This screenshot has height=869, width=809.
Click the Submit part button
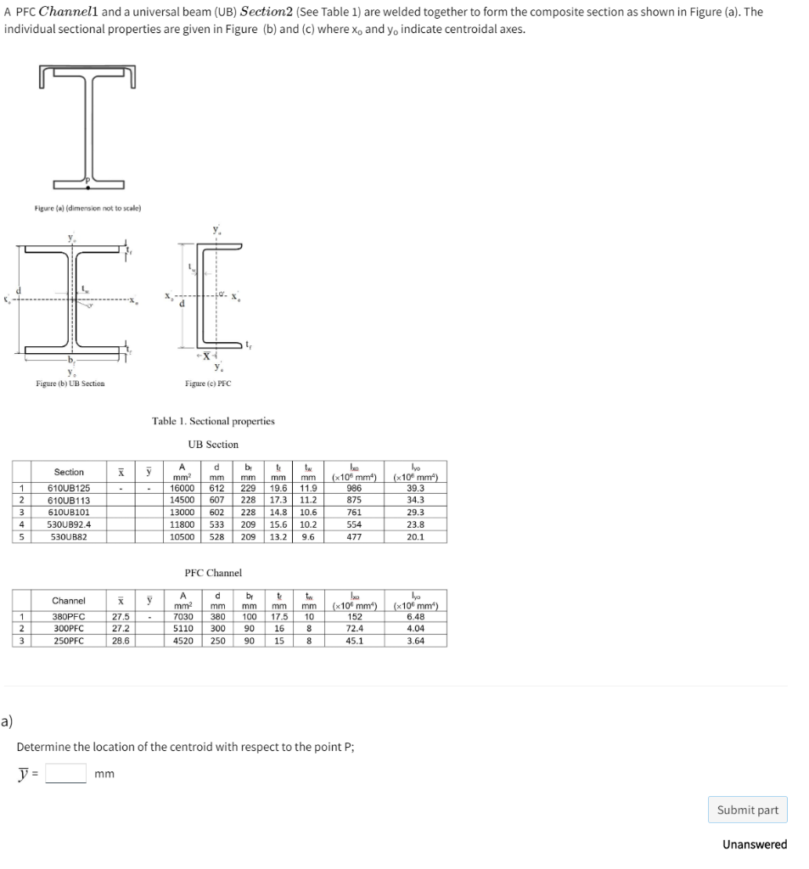click(x=747, y=810)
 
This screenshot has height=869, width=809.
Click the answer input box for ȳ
click(x=65, y=773)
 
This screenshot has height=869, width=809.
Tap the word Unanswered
click(x=754, y=844)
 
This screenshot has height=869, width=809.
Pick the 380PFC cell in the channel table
click(x=69, y=616)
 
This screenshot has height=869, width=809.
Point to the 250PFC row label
click(x=69, y=641)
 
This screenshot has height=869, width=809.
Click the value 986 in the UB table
click(x=355, y=488)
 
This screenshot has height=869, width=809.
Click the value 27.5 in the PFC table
click(x=121, y=616)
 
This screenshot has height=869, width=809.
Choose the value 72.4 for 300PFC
click(x=355, y=629)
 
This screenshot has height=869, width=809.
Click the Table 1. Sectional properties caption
click(x=213, y=421)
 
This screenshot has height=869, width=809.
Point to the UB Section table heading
click(x=213, y=444)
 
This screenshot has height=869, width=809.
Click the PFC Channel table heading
click(x=213, y=573)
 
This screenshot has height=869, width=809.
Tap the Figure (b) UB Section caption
click(x=70, y=384)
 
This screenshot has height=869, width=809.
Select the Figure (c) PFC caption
click(x=208, y=384)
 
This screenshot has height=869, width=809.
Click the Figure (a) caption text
click(x=87, y=208)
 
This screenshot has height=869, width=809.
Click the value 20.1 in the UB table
click(x=416, y=537)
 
